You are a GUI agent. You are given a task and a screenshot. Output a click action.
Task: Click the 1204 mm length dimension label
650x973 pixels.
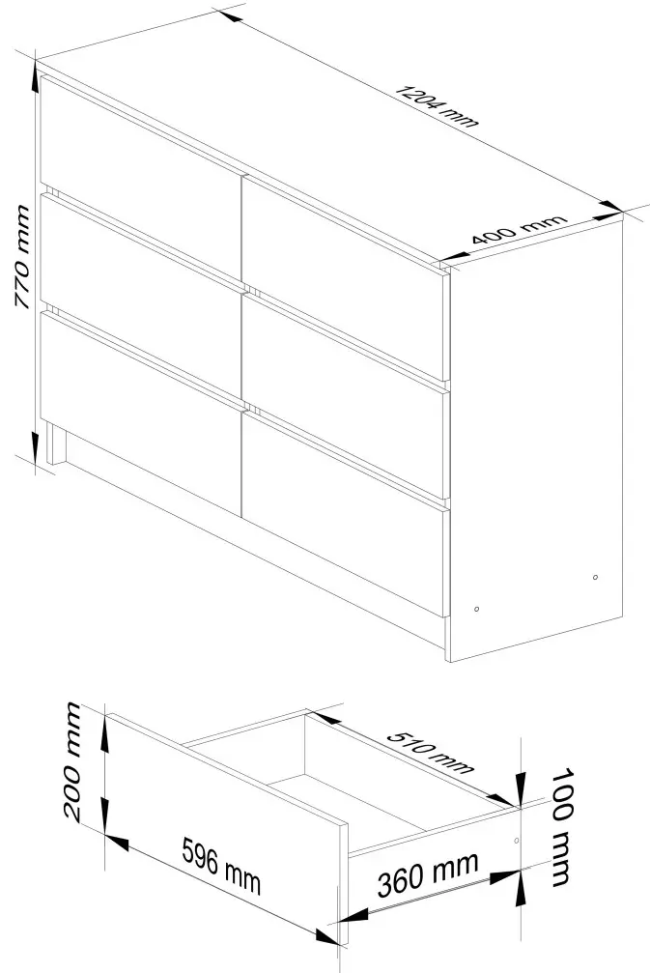(437, 105)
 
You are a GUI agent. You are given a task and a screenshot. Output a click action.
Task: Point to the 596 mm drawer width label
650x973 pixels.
(223, 865)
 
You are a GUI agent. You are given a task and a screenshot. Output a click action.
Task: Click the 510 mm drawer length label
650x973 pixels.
(433, 750)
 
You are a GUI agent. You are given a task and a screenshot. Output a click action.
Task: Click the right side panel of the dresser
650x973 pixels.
(537, 444)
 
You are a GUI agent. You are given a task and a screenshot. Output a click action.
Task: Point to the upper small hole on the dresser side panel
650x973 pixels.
(596, 578)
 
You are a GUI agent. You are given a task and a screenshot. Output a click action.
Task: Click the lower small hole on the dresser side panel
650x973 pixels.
(477, 609)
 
